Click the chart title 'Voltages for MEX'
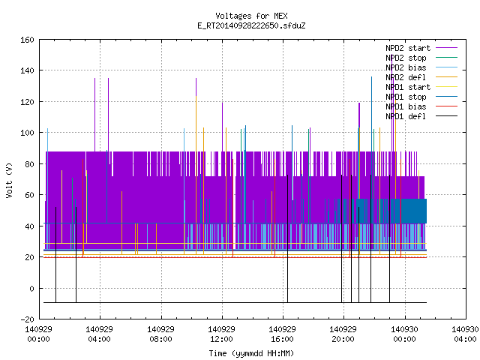tap(251, 16)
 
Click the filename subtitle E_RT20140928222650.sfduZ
tap(251, 25)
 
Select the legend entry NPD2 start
tap(421, 48)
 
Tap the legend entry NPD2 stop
tap(421, 58)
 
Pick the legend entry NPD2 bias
tap(421, 67)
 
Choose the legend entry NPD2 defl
tap(421, 77)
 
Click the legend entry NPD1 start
tap(421, 87)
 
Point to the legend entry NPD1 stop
tap(421, 97)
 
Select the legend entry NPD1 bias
tap(421, 106)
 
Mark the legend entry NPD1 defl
tap(421, 117)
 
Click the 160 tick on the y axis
tap(27, 40)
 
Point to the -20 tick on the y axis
tap(27, 319)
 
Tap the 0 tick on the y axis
tap(31, 288)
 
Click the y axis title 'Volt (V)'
tap(10, 180)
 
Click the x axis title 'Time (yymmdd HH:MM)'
tap(251, 353)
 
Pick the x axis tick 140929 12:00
tap(222, 334)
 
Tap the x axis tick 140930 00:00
tap(405, 334)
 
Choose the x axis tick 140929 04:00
tap(100, 334)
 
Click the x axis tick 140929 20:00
tap(343, 334)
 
